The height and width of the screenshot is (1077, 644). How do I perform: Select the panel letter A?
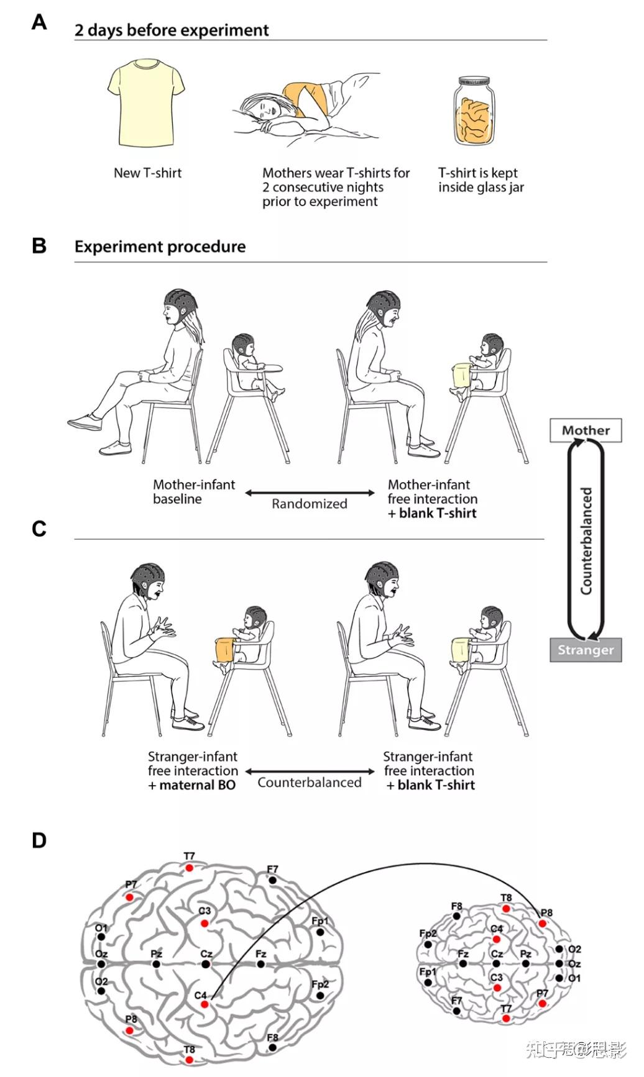click(x=39, y=22)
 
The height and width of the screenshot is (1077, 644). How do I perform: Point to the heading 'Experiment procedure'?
click(x=160, y=247)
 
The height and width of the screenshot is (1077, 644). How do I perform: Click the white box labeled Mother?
click(x=586, y=430)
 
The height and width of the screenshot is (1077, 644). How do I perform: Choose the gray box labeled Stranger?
click(x=586, y=650)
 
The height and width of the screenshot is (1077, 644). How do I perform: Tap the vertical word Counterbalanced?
click(x=586, y=540)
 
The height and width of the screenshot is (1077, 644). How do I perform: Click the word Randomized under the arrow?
click(x=309, y=504)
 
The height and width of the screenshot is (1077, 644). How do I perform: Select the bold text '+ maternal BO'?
click(x=192, y=785)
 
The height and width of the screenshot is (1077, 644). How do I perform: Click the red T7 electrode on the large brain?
click(x=189, y=868)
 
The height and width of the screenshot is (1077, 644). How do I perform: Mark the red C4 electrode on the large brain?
click(x=205, y=1004)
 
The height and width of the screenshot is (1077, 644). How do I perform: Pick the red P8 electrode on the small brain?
click(x=543, y=924)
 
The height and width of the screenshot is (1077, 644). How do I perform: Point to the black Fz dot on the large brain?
click(x=261, y=964)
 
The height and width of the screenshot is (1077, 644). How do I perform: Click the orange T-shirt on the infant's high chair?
click(x=226, y=650)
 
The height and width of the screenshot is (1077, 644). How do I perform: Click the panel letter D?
click(x=39, y=840)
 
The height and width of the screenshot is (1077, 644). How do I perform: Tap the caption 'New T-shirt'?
click(x=147, y=173)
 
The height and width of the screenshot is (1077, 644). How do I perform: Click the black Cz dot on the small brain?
click(x=496, y=964)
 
